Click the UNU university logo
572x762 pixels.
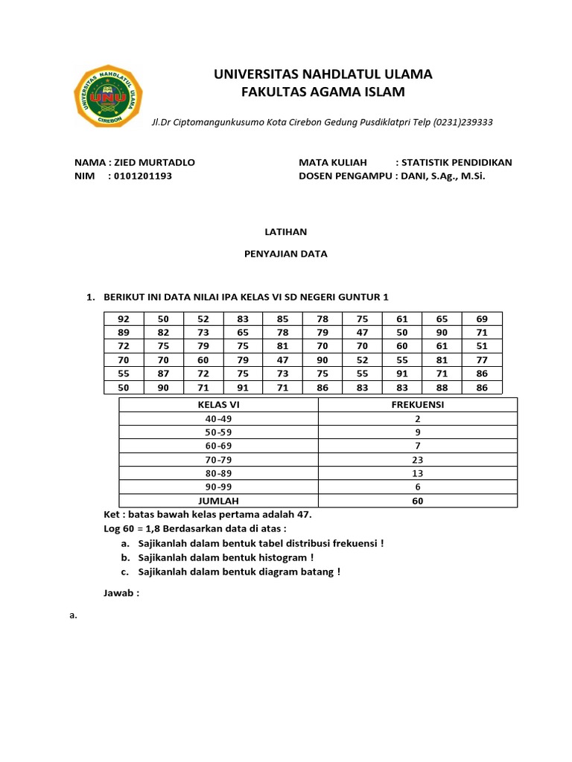coord(109,97)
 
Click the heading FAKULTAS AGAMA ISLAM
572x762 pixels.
coord(322,92)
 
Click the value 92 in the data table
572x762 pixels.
coord(124,318)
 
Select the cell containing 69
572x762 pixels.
coord(482,318)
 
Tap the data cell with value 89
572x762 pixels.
coord(124,332)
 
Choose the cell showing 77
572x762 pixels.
coord(482,359)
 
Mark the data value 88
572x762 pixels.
coord(442,387)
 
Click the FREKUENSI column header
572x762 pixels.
coord(417,405)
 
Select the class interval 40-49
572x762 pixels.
coord(218,418)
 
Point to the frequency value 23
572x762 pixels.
coord(417,460)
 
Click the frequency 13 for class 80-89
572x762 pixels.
coord(417,473)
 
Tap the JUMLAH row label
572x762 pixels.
coord(218,501)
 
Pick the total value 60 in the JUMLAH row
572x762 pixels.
coord(417,501)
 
